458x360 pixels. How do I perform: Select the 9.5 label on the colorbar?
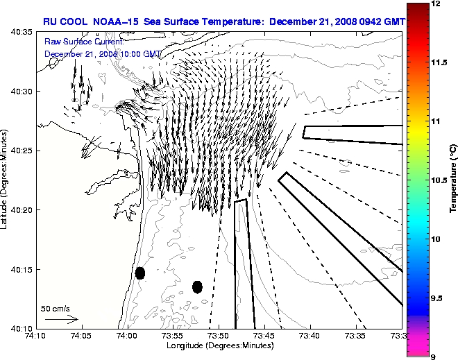tap(438, 298)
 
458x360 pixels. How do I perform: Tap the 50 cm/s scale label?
tap(55, 308)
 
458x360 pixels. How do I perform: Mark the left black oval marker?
tap(140, 273)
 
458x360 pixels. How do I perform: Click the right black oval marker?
tap(197, 286)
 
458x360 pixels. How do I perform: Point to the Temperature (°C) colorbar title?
tap(452, 180)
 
